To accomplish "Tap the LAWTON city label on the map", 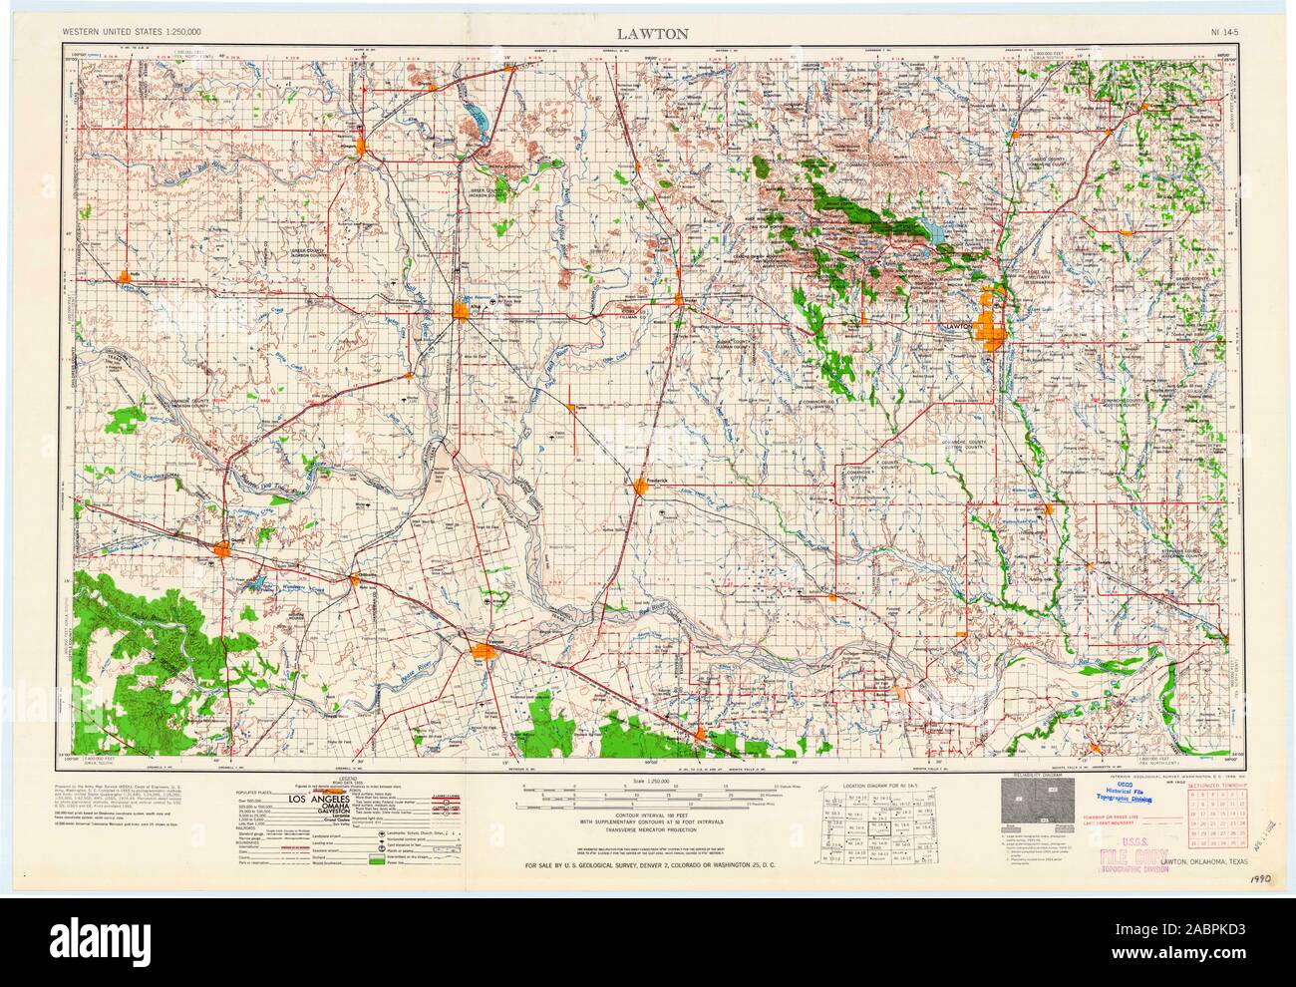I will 958,325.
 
